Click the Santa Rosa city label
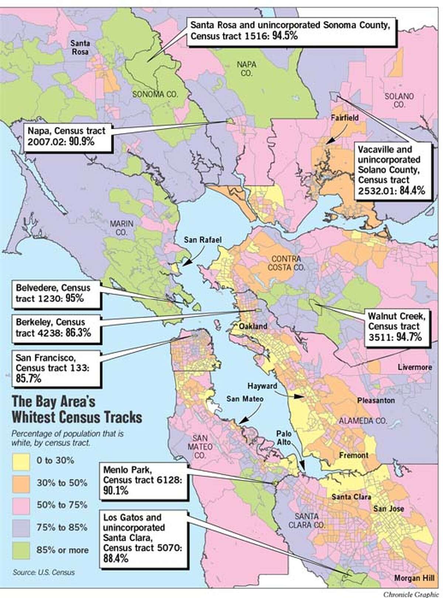[80, 48]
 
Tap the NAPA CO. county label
[247, 69]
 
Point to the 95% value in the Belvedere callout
[75, 298]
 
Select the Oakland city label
[253, 326]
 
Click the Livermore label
[415, 367]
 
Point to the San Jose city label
[388, 509]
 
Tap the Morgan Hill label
[412, 578]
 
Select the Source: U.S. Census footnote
[44, 573]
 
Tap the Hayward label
[262, 386]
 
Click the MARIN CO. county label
[121, 228]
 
